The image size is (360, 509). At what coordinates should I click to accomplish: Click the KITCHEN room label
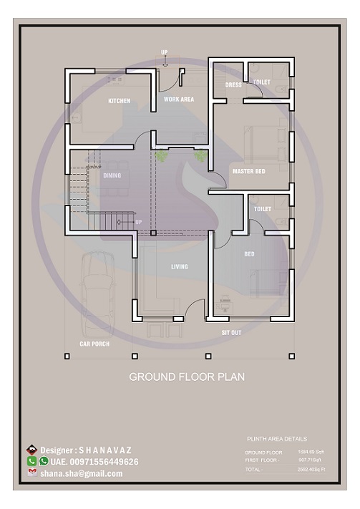120,101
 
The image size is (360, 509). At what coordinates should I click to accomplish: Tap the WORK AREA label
178,99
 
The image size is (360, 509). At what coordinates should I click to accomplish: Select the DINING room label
112,175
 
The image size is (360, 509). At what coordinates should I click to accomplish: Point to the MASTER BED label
248,171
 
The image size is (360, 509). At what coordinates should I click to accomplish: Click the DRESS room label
233,84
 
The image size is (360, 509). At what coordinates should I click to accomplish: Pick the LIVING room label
179,267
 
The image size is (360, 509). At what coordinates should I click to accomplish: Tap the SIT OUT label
231,333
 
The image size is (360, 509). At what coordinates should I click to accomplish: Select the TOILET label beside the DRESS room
262,82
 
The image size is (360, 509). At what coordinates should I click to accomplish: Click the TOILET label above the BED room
263,208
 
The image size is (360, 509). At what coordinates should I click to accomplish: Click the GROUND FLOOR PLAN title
186,377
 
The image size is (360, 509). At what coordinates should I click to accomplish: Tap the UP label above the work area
164,52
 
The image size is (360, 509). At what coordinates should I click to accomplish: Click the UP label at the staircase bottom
139,222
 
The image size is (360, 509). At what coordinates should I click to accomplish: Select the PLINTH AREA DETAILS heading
276,439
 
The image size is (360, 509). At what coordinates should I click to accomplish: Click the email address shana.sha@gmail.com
81,473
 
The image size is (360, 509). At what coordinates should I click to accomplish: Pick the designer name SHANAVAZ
105,450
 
